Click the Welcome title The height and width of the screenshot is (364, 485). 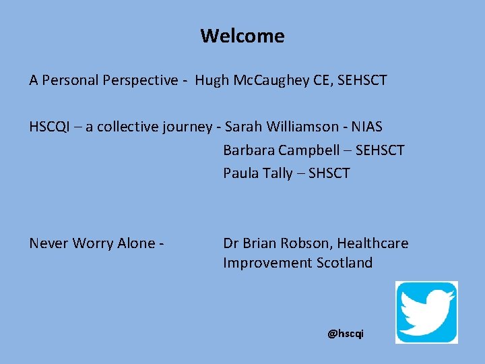click(242, 36)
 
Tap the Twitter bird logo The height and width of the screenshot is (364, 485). click(426, 312)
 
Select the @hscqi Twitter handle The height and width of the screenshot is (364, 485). click(345, 334)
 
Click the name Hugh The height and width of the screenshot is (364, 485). click(212, 81)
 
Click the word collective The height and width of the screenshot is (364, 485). click(127, 127)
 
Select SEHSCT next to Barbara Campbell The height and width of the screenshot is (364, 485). click(379, 150)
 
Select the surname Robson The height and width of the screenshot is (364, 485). click(304, 243)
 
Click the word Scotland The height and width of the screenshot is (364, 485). click(344, 263)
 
